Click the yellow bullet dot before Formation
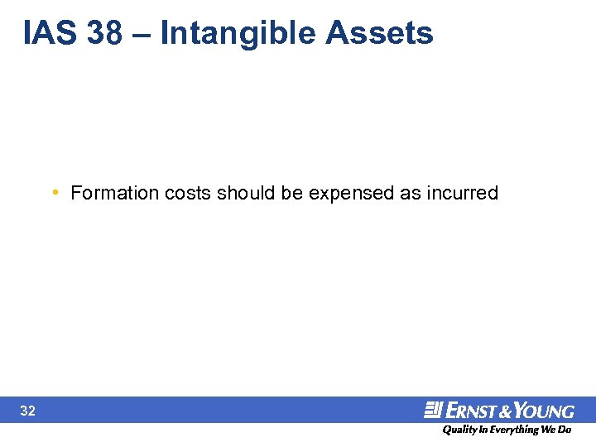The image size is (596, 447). click(54, 193)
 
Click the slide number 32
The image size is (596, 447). click(27, 411)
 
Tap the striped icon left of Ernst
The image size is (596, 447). click(434, 410)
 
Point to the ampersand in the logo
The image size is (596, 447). click(503, 411)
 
